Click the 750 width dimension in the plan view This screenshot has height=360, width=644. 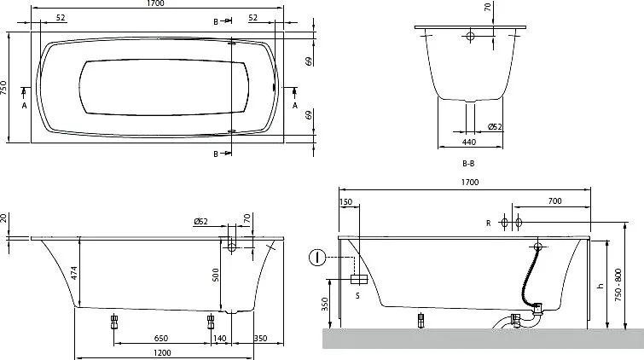tap(3, 88)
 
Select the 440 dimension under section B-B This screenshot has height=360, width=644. tap(468, 142)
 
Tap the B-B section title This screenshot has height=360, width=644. tap(468, 164)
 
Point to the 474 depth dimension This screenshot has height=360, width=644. tap(74, 273)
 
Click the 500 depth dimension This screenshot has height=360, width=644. tap(216, 275)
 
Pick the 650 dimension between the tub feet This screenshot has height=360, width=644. tap(161, 338)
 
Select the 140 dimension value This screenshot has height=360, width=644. tap(220, 338)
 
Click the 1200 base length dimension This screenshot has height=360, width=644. tap(162, 353)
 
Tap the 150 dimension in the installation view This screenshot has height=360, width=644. tap(346, 202)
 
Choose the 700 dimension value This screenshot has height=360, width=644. tap(554, 201)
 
